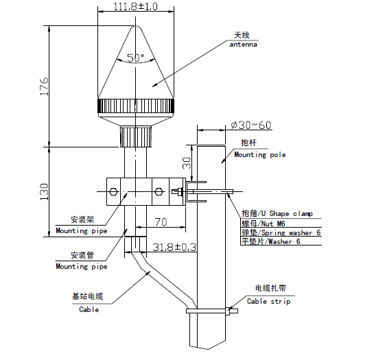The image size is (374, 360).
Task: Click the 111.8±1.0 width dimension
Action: click(135, 6)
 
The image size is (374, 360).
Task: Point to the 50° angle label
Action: click(135, 58)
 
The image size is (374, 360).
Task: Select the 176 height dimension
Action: click(45, 86)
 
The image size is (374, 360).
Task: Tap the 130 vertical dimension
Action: click(45, 192)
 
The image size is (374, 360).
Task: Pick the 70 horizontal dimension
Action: click(161, 222)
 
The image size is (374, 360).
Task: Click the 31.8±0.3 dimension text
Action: click(174, 248)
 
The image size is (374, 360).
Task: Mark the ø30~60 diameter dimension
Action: click(251, 125)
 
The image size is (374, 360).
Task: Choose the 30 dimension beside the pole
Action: click(187, 163)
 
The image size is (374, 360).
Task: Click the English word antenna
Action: click(244, 45)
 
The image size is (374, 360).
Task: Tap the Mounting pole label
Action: click(260, 155)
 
